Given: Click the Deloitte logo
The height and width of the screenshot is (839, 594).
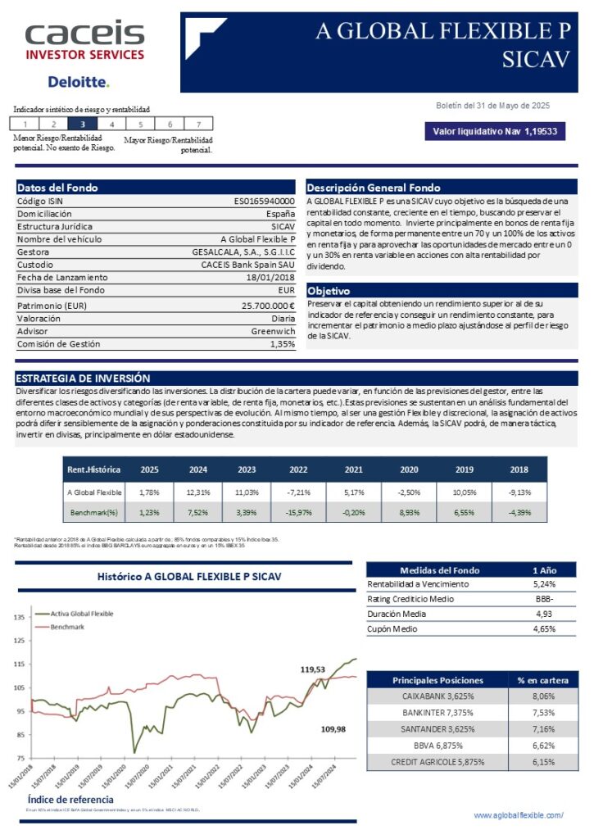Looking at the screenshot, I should coord(78,82).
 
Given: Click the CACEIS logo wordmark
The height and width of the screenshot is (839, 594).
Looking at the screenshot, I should coord(84,34).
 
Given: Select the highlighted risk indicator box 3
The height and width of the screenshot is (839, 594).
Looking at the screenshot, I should coord(82,124).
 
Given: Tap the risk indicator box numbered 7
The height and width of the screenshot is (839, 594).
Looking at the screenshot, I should coord(198,124).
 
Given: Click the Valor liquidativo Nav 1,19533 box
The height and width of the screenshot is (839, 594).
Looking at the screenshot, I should coord(494,131).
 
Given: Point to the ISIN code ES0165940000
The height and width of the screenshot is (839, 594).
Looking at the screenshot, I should coord(265,201).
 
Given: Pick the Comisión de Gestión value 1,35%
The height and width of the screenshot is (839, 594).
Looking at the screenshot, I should coord(282,344).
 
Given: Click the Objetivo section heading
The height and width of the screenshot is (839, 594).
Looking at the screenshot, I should coord(329,291).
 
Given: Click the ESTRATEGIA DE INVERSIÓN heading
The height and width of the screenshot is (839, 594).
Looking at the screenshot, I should coord(83,379).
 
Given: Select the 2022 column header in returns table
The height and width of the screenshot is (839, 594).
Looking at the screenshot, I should coord(298,469).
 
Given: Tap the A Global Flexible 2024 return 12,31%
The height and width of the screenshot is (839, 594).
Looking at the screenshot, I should coord(199,492).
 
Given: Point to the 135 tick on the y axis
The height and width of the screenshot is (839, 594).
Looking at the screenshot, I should coord(17,617).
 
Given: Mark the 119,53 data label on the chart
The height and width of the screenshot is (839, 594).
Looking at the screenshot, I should coord(313,669).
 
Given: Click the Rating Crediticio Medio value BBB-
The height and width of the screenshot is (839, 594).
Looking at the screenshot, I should coord(542,599).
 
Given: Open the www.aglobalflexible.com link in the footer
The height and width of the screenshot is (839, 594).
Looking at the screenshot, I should coord(519,815).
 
